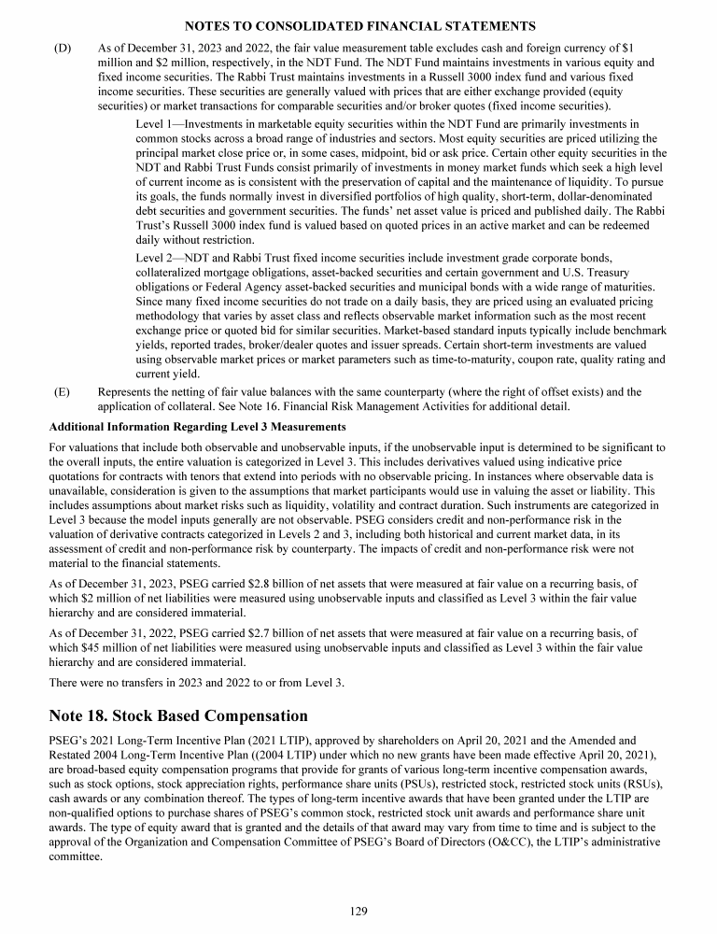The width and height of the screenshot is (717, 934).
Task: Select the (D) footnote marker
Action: coord(64,48)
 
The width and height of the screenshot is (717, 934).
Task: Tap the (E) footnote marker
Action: coord(63,392)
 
